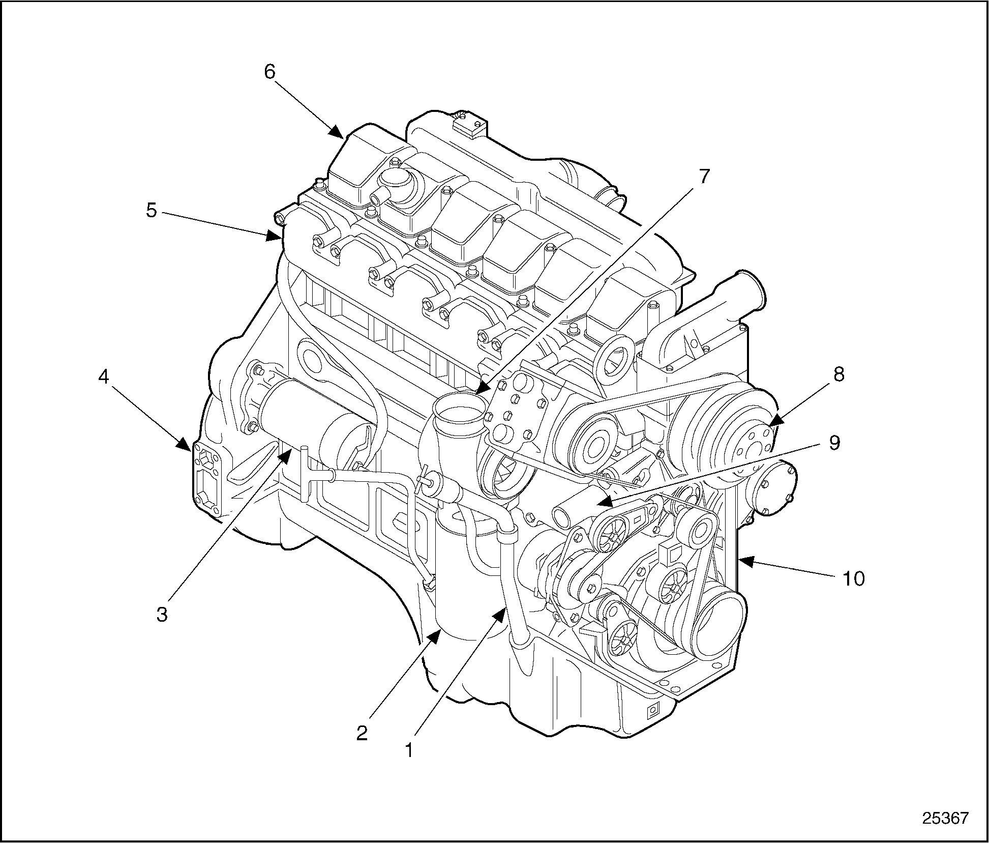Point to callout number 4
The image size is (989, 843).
pyautogui.click(x=103, y=377)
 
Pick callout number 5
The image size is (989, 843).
pyautogui.click(x=152, y=210)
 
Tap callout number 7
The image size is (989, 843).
pyautogui.click(x=703, y=177)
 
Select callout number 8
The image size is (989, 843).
pyautogui.click(x=838, y=374)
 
